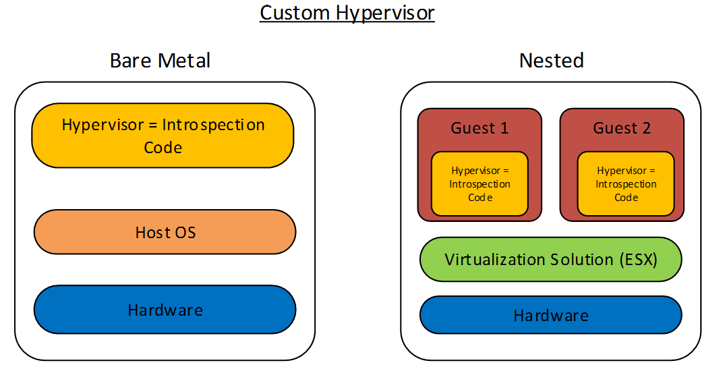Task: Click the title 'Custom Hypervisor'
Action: (347, 13)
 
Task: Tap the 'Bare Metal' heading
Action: (160, 61)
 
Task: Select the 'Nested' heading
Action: (551, 61)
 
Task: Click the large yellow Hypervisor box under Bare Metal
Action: (163, 136)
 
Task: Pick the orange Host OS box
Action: (165, 233)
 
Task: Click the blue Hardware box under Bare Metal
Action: (165, 310)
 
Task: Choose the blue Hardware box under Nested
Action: (551, 316)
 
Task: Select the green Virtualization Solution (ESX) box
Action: (551, 259)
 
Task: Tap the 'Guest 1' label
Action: (480, 128)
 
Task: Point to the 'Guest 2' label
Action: (622, 128)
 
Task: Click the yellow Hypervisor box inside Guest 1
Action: (480, 184)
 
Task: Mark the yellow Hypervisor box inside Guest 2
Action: (626, 184)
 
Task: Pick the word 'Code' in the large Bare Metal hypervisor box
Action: (163, 147)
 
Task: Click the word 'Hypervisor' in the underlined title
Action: (382, 13)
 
